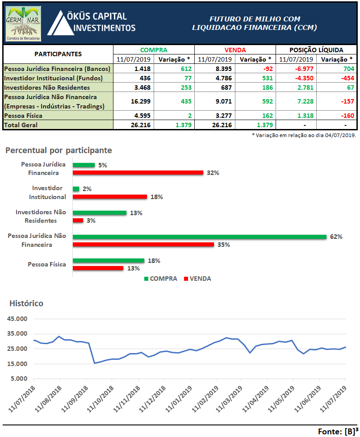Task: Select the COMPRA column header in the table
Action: pyautogui.click(x=154, y=50)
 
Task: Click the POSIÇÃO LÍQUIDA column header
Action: pyautogui.click(x=316, y=50)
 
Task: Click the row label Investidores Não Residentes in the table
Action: pyautogui.click(x=47, y=87)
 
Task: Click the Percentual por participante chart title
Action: pyautogui.click(x=59, y=150)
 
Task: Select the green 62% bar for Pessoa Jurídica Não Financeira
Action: pyautogui.click(x=200, y=237)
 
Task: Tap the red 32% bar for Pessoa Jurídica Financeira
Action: pyautogui.click(x=138, y=173)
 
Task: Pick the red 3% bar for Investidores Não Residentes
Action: pyautogui.click(x=78, y=221)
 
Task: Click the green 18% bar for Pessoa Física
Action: pyautogui.click(x=109, y=261)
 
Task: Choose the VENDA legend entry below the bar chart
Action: pyautogui.click(x=196, y=279)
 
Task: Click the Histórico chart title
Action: pyautogui.click(x=26, y=304)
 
